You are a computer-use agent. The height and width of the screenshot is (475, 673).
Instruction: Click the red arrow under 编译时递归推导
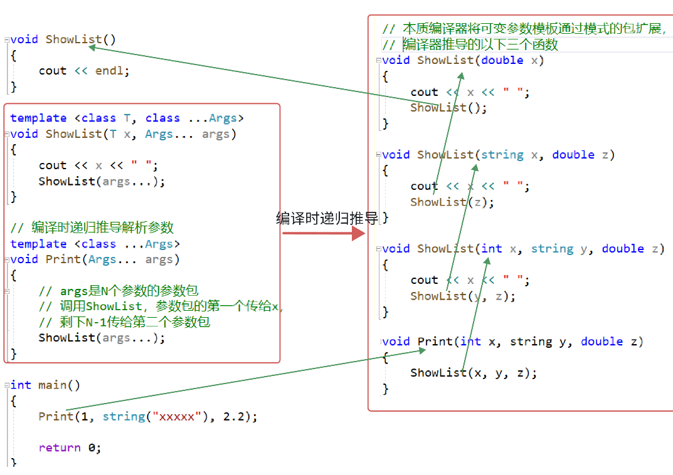[323, 234]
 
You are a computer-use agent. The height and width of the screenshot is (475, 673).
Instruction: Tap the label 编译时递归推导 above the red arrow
[327, 218]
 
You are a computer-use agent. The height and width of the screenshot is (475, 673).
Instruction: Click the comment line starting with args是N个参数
[119, 291]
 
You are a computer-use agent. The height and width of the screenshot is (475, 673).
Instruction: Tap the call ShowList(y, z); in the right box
[463, 296]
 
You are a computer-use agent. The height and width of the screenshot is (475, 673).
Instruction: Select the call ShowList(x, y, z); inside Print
[474, 372]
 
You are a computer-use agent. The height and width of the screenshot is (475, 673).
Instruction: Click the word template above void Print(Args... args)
[38, 244]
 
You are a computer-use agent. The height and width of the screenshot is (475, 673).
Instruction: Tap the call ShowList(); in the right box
[448, 107]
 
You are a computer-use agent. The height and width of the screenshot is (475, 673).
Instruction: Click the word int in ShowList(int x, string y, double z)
[492, 249]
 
